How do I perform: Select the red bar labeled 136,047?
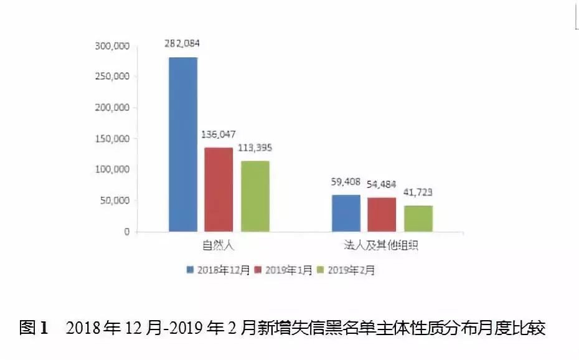(219, 189)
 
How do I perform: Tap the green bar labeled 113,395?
(255, 196)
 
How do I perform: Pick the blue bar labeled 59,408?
(346, 213)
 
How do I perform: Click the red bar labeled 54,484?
(382, 214)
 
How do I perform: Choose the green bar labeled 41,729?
(418, 219)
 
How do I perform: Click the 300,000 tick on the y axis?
(112, 46)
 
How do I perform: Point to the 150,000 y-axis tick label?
(112, 139)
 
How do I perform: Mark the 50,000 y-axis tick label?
(115, 201)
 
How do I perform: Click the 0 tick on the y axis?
(126, 232)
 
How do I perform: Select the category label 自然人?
(219, 245)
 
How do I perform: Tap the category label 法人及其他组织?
(381, 245)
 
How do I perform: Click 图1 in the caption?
(34, 328)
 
